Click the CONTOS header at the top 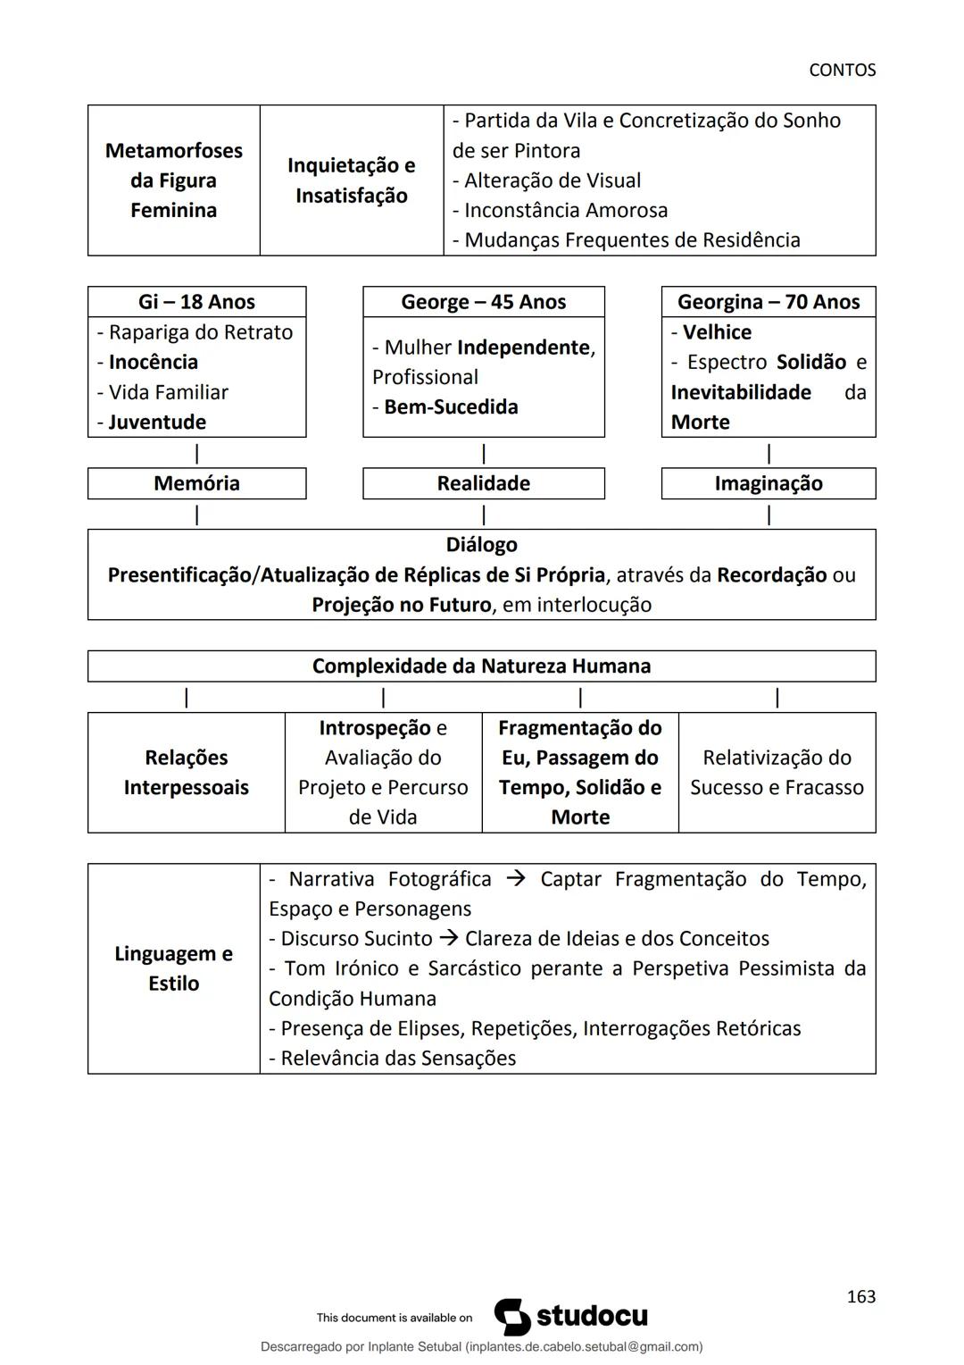coord(842,70)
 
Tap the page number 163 coord(860,1296)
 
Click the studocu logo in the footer coord(571,1317)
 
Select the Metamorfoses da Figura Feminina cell coord(174,180)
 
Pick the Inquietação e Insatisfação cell coord(351,180)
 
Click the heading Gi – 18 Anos coord(196,302)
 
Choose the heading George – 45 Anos coord(483,302)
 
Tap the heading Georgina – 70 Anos coord(768,302)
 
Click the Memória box coord(196,483)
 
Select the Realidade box coord(483,483)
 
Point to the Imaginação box coord(768,483)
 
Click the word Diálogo coord(481,545)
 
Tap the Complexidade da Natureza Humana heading coord(481,666)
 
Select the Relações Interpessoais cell coord(186,773)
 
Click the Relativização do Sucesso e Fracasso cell coord(777,773)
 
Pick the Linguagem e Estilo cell coord(174,968)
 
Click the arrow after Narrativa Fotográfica coord(515,879)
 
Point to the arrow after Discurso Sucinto coord(448,939)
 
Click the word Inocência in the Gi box coord(153,362)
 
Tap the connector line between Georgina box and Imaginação coord(769,453)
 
